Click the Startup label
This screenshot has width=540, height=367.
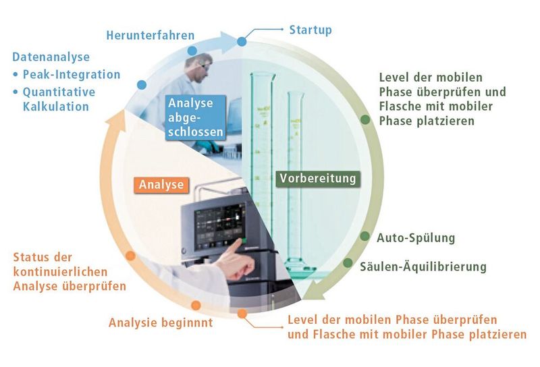[x=310, y=30]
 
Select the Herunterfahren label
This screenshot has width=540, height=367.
[x=150, y=34]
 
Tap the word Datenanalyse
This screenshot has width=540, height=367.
[x=51, y=57]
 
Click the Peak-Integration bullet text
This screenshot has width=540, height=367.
[x=71, y=74]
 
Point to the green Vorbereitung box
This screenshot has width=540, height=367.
[x=317, y=179]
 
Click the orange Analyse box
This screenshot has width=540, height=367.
[x=161, y=183]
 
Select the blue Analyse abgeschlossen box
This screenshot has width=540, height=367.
[x=196, y=117]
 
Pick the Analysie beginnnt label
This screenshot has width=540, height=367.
[x=161, y=322]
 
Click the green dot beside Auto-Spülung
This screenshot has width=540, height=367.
[x=364, y=237]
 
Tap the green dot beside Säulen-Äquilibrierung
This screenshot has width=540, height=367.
[x=348, y=262]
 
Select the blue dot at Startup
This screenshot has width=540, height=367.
[x=243, y=42]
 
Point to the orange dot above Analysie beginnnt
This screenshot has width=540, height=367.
[x=196, y=304]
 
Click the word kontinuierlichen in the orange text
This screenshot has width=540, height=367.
[x=57, y=272]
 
